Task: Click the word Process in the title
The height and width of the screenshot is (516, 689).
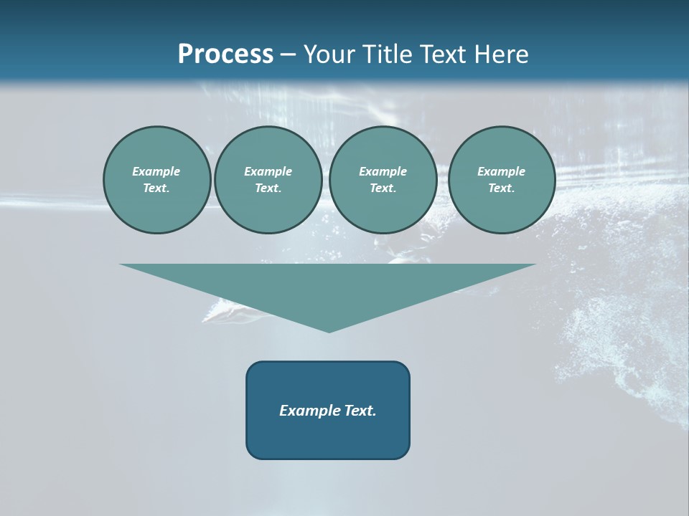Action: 225,54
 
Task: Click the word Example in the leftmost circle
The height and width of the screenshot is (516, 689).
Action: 156,171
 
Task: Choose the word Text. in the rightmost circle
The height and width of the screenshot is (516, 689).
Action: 502,188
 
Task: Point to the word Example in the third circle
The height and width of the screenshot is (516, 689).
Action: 383,171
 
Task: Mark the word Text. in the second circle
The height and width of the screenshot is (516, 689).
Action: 268,188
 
